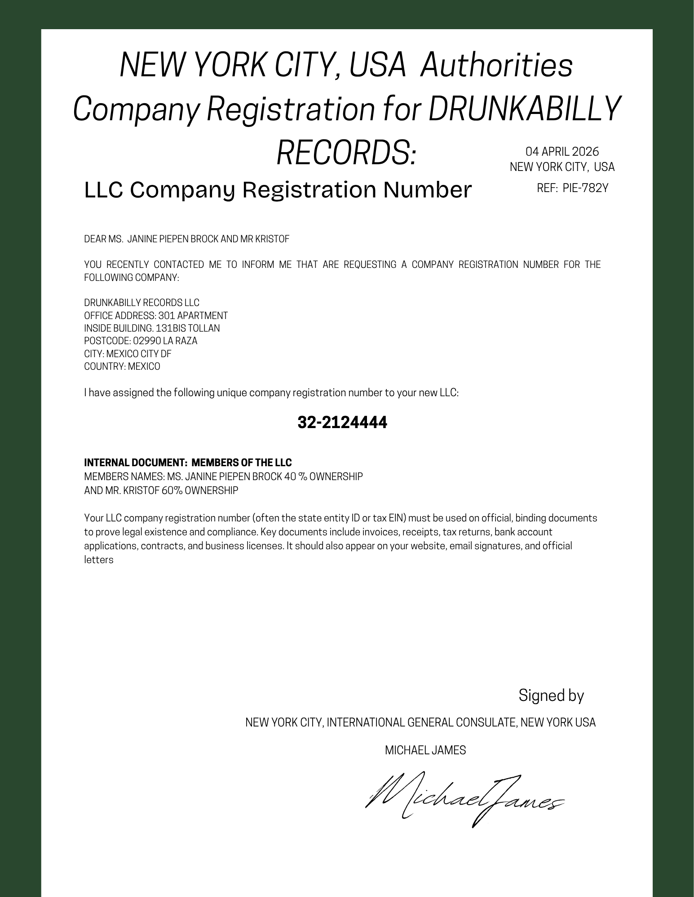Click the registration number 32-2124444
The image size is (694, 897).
click(x=342, y=422)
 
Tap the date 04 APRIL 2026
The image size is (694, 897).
click(x=562, y=152)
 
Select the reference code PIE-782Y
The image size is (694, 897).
click(x=585, y=188)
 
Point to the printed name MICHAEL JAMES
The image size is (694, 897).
click(x=425, y=750)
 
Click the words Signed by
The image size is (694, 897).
click(x=551, y=696)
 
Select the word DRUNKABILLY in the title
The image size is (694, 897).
click(x=524, y=109)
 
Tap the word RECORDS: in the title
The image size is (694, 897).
click(x=346, y=152)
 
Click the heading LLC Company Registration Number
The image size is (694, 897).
click(x=278, y=190)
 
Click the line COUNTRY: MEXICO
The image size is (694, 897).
click(x=122, y=367)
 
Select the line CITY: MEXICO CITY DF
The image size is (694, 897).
click(x=128, y=354)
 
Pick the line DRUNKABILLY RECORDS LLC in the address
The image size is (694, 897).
click(x=142, y=303)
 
